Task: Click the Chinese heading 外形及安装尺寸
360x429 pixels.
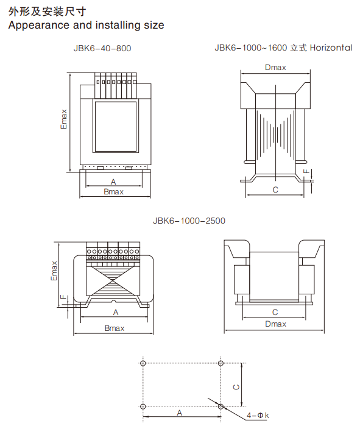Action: [47, 12]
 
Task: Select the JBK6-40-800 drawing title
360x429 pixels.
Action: [102, 48]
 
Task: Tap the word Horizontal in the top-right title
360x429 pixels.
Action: [331, 48]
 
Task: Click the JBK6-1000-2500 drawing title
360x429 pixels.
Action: [189, 221]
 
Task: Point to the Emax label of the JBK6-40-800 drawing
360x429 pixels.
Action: [64, 119]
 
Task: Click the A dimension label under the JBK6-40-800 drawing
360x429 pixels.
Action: [113, 182]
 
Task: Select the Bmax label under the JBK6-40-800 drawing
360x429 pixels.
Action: [113, 192]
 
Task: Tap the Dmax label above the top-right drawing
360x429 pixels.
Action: [275, 68]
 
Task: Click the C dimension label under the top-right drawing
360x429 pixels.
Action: [275, 190]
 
